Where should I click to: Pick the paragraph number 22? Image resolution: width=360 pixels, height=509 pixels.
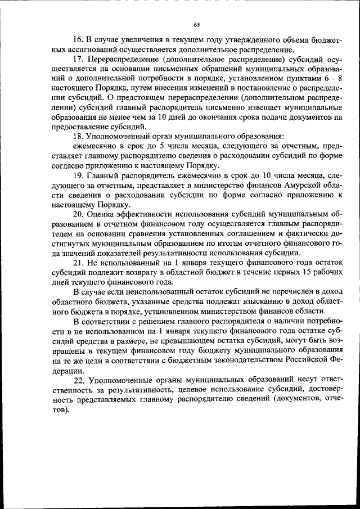point(80,380)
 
